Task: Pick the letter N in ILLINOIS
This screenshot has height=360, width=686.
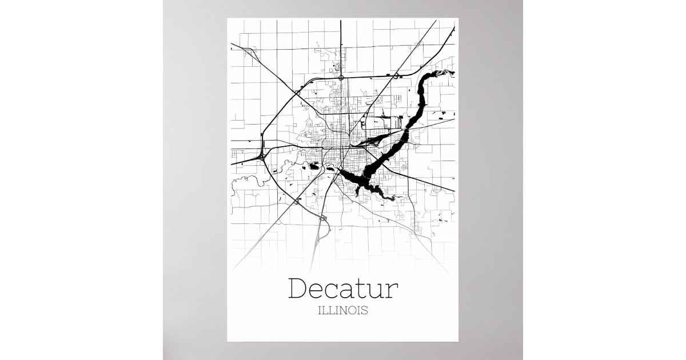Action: pyautogui.click(x=344, y=312)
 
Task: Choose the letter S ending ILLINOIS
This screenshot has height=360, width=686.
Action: pyautogui.click(x=364, y=312)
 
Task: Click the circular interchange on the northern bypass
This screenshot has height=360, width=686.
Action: pyautogui.click(x=341, y=77)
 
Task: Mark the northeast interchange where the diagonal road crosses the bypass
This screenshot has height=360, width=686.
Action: pyautogui.click(x=394, y=75)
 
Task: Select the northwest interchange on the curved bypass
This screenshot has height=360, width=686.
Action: pyautogui.click(x=297, y=92)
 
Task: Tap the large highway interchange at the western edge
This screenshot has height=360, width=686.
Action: pyautogui.click(x=262, y=155)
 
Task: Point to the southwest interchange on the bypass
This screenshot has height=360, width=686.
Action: pyautogui.click(x=297, y=201)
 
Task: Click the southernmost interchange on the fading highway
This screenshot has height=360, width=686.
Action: pyautogui.click(x=324, y=218)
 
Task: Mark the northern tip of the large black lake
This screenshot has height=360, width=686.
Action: pyautogui.click(x=443, y=73)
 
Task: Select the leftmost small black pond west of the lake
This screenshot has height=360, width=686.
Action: pyautogui.click(x=313, y=166)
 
